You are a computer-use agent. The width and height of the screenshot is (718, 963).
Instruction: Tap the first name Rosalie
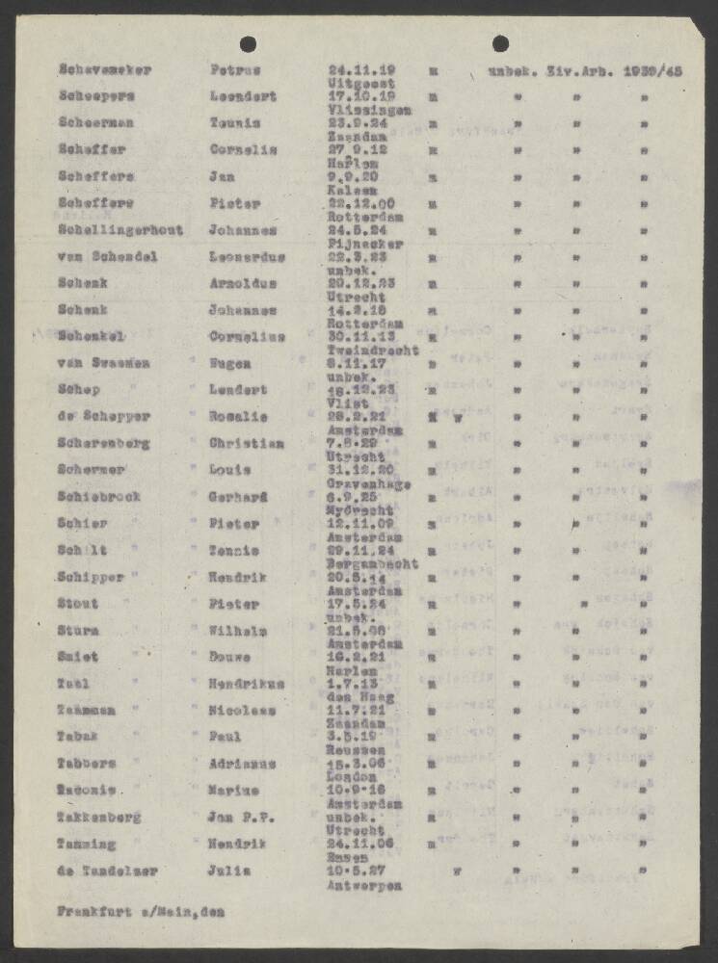pyautogui.click(x=236, y=417)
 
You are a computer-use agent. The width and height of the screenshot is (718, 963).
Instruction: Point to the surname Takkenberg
pyautogui.click(x=99, y=818)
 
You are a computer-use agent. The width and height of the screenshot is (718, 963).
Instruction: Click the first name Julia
pyautogui.click(x=228, y=872)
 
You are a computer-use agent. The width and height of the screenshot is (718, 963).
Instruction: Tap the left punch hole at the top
pyautogui.click(x=248, y=43)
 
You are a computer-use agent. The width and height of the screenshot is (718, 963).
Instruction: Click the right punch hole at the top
pyautogui.click(x=500, y=43)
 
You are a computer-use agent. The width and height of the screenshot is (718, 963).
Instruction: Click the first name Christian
pyautogui.click(x=247, y=444)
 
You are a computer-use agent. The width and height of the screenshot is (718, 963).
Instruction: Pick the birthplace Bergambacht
pyautogui.click(x=372, y=564)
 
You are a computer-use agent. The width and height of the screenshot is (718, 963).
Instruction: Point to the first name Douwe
pyautogui.click(x=231, y=657)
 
